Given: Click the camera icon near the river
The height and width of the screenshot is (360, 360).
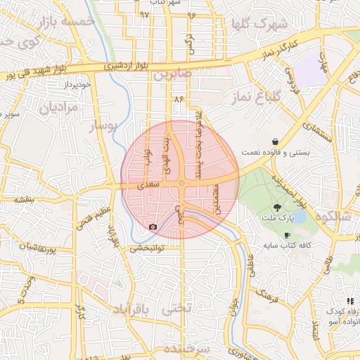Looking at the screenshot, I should point(153,227).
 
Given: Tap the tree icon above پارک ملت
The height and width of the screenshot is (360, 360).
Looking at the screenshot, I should point(278,207).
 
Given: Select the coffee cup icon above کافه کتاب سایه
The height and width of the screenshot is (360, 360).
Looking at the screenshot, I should point(287,235).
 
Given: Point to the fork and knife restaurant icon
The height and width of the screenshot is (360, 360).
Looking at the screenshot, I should point(349,301).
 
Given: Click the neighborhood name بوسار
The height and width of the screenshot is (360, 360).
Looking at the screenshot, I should point(105,125).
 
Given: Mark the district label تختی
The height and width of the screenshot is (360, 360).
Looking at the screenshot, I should point(175,309).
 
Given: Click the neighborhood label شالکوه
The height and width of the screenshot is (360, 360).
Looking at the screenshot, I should point(334,216).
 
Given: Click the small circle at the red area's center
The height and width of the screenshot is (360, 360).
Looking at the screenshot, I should point(181,183).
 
